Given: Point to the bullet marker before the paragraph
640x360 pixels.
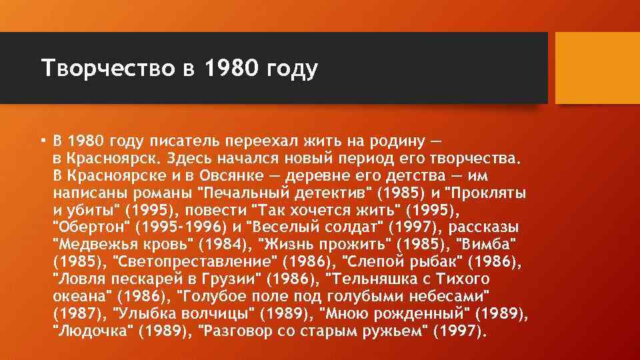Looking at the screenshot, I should pyautogui.click(x=42, y=141).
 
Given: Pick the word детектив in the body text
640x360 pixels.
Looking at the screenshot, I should pyautogui.click(x=330, y=193).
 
